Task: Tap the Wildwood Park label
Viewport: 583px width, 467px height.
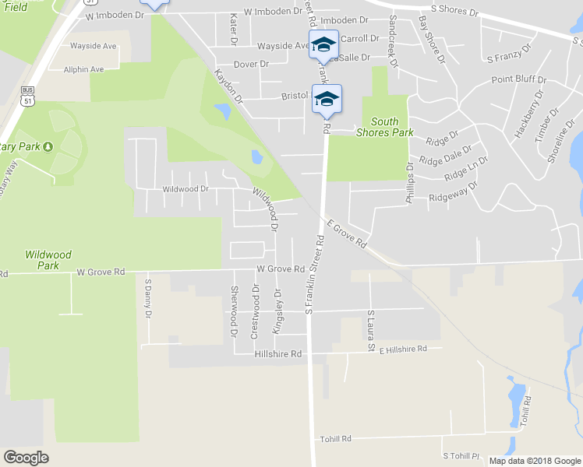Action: coord(48,260)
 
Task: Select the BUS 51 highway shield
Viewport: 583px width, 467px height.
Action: coord(28,95)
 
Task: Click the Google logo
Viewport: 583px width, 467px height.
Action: coord(26,458)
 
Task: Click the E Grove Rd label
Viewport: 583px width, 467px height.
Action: coord(347,233)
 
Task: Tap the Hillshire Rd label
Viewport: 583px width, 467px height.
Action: coord(277,354)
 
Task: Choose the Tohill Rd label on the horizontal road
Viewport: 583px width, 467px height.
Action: coord(336,439)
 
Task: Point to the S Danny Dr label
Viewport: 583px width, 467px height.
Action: coord(147,299)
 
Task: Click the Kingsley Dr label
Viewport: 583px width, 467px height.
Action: coord(276,311)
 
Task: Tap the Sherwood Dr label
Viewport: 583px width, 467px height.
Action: coord(233,311)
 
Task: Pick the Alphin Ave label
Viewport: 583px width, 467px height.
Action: coord(87,69)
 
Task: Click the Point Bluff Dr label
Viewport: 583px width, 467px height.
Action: coord(519,79)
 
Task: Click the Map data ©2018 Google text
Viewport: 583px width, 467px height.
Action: coord(535,461)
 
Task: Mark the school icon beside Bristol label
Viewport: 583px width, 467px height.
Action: coord(327,98)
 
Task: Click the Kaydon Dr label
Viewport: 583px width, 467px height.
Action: coord(228,86)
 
